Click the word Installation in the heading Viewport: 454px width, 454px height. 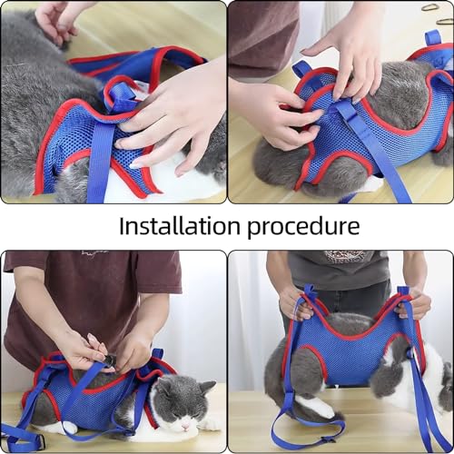180,225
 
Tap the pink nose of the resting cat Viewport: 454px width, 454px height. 184,429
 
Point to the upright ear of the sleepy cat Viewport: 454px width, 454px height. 208,388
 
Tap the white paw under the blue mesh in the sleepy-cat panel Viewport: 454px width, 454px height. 69,427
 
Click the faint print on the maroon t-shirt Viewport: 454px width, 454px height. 94,253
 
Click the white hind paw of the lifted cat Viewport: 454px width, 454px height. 315,407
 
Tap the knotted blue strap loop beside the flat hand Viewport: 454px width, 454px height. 119,96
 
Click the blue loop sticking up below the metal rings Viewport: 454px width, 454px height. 432,39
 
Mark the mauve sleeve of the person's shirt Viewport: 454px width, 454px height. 262,39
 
